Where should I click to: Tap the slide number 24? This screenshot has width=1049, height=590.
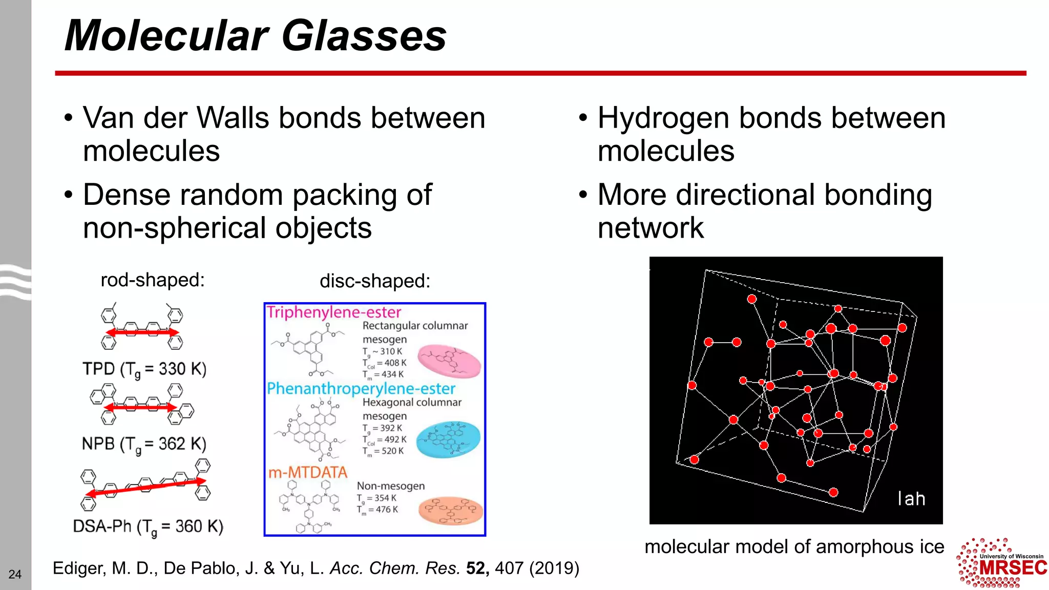(x=15, y=574)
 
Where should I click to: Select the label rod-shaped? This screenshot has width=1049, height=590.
(x=153, y=280)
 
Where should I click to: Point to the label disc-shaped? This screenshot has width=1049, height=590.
(x=375, y=281)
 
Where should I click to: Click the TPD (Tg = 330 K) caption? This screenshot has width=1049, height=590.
(x=144, y=369)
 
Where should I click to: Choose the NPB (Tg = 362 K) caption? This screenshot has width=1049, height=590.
(x=144, y=444)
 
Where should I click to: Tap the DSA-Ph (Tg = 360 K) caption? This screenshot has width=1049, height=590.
(x=148, y=526)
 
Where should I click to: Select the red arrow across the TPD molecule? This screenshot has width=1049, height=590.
(x=142, y=332)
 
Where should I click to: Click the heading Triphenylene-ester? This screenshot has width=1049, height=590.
(x=334, y=312)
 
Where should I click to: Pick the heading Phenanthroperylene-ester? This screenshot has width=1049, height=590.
(x=361, y=389)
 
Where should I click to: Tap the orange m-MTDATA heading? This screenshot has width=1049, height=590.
(x=308, y=472)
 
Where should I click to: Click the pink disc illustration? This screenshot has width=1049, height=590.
(x=449, y=361)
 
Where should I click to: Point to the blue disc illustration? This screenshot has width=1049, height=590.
(x=448, y=439)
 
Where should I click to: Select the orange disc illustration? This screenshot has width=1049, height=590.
(x=451, y=510)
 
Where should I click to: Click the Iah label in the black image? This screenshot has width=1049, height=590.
(x=911, y=499)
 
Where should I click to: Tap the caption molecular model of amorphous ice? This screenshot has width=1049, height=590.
(x=794, y=547)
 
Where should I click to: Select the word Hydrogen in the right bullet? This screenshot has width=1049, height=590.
(x=664, y=118)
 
